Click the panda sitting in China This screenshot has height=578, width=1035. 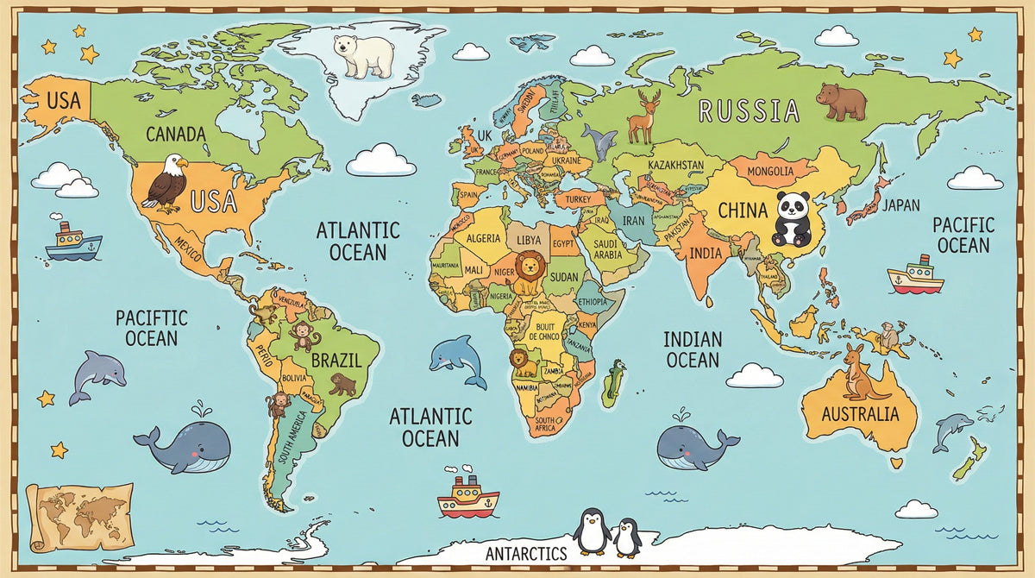coord(792,217)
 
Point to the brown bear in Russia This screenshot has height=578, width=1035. coord(841,101)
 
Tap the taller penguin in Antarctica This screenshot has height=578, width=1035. coord(592,531)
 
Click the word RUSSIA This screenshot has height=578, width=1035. coord(748,110)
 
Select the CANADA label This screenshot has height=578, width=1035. coord(176,134)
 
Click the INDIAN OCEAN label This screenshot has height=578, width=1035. coord(693,349)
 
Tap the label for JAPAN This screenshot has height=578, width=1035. coord(900,205)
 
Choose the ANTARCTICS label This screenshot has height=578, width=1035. coord(526,553)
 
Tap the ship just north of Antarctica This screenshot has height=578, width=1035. coord(467,495)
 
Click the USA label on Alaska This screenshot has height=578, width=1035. coord(63,100)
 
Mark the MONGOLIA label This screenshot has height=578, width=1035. coord(769,171)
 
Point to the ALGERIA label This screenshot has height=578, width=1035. coord(482,238)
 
